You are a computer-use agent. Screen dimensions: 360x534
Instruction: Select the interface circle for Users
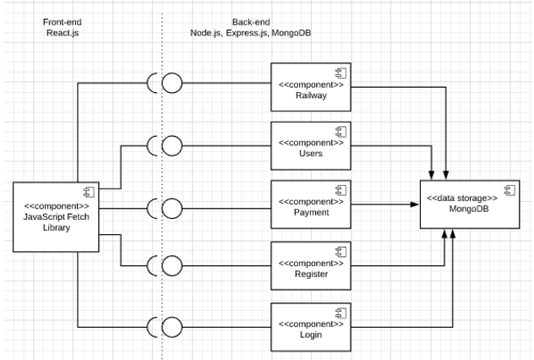pos(172,145)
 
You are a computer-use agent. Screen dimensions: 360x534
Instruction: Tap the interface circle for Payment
pos(172,206)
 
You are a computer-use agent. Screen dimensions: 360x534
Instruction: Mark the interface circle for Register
pos(172,265)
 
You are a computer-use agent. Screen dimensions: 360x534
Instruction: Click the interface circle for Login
pos(172,326)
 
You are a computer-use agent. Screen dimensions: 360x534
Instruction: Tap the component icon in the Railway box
pos(341,73)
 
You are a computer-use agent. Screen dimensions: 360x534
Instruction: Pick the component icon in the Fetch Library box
pos(86,189)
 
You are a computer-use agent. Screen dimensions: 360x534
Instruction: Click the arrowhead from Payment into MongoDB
pos(418,204)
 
